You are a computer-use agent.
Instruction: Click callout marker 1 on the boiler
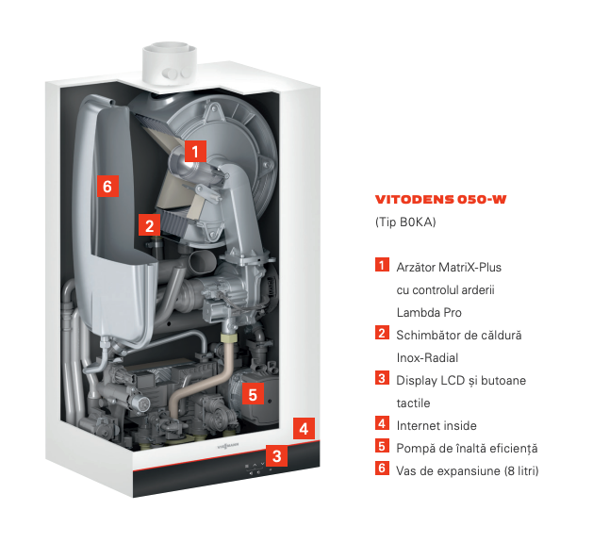click(x=195, y=152)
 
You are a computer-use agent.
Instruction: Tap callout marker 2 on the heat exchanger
click(x=149, y=225)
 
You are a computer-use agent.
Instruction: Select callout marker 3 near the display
click(x=276, y=456)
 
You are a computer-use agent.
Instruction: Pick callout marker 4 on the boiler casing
click(x=304, y=429)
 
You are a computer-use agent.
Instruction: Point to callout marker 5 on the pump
click(x=253, y=395)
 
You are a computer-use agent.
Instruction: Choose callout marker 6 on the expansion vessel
click(x=107, y=186)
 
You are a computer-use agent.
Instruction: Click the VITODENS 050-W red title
click(x=440, y=199)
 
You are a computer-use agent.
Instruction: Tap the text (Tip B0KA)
click(x=405, y=222)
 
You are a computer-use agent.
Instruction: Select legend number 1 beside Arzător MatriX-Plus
click(x=382, y=265)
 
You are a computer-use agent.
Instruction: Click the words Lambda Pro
click(x=429, y=313)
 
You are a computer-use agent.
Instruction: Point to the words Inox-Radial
click(x=427, y=357)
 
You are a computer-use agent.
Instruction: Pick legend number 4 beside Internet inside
click(x=382, y=423)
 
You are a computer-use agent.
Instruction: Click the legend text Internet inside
click(x=437, y=426)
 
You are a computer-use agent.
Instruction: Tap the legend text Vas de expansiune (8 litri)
click(x=468, y=470)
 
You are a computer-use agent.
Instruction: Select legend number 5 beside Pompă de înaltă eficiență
click(x=382, y=446)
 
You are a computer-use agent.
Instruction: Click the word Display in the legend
click(x=417, y=381)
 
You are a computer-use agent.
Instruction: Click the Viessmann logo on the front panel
click(x=227, y=447)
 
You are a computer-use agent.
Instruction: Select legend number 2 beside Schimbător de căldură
click(x=382, y=333)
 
